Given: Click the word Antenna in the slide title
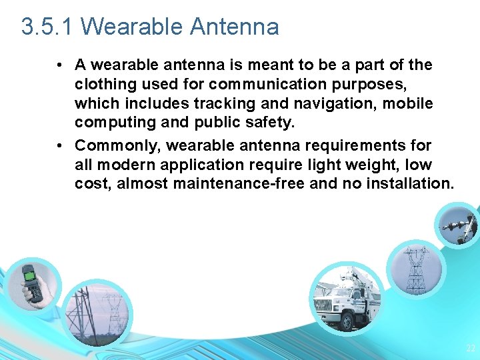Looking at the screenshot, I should [x=235, y=27].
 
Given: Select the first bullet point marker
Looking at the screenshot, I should [x=60, y=65].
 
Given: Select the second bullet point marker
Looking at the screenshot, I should [x=60, y=145].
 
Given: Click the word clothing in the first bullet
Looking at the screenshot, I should [x=101, y=85].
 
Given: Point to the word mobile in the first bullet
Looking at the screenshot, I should [x=408, y=104].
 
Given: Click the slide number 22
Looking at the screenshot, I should [x=471, y=348].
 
